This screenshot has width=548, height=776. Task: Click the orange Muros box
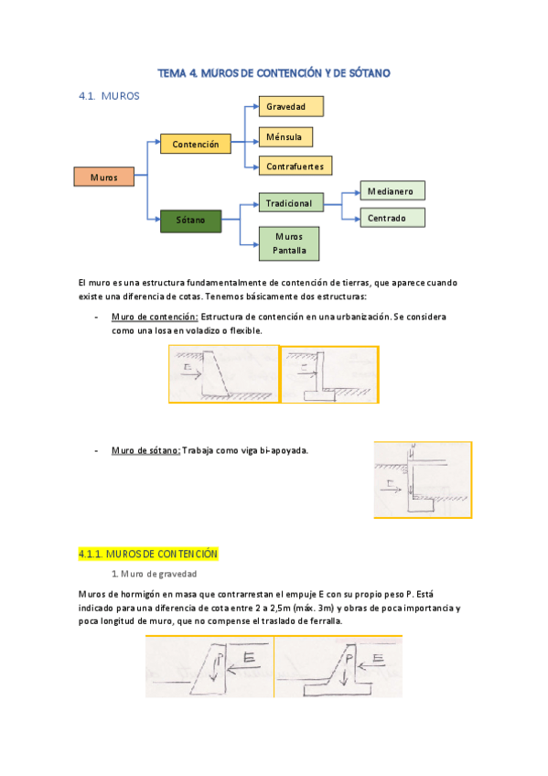coord(103,177)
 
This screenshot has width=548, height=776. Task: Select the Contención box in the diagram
coord(196,144)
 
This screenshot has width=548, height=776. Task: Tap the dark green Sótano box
coord(190,220)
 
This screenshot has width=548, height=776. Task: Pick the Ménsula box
coord(285,137)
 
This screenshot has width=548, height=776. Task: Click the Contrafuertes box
coord(293,167)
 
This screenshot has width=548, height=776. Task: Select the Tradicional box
coord(289,202)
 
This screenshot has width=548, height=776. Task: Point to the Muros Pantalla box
coord(289,242)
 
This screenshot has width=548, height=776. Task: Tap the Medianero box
coord(392,191)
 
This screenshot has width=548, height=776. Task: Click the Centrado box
coord(392,218)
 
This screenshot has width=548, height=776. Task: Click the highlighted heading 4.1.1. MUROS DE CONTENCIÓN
coord(148,555)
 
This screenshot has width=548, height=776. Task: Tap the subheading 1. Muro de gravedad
coord(153,574)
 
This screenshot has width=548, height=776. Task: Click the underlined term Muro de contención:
coord(154,317)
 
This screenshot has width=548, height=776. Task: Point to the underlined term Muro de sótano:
coord(145,450)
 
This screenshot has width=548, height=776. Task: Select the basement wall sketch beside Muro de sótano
coord(423,480)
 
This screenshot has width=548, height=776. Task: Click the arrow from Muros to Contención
coord(147,157)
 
